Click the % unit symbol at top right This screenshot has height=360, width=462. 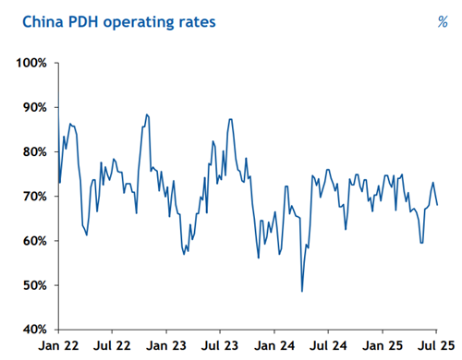442,21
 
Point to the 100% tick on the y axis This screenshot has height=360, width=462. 34,63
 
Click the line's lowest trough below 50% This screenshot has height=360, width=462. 302,291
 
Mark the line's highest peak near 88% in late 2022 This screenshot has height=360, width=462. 147,114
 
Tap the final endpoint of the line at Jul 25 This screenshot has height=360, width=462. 438,205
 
